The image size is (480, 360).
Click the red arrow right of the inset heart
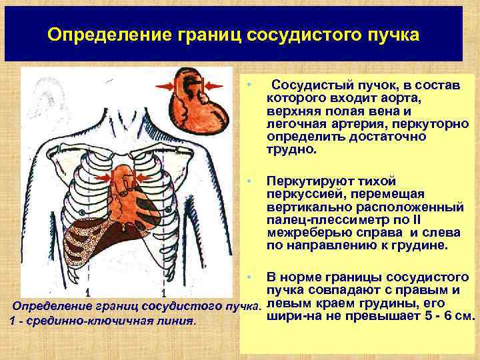pyautogui.click(x=216, y=85)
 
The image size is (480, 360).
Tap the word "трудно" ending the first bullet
pyautogui.click(x=289, y=149)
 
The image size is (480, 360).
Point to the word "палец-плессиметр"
pyautogui.click(x=316, y=219)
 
